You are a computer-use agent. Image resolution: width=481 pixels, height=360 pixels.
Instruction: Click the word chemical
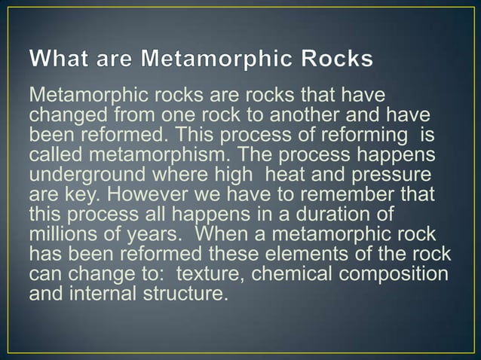click(x=296, y=258)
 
